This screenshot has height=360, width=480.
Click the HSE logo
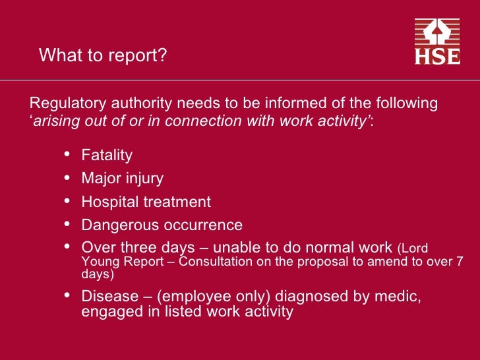[437, 42]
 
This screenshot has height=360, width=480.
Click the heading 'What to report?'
[103, 56]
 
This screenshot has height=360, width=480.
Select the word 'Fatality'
[107, 156]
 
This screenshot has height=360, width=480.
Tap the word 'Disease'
[108, 296]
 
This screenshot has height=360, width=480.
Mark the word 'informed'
[295, 104]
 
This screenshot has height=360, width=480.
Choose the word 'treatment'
[178, 202]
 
